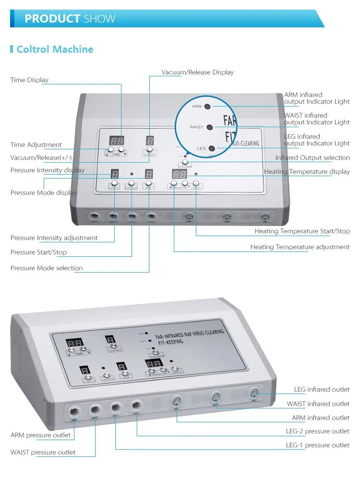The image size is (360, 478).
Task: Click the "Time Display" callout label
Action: coord(29,80)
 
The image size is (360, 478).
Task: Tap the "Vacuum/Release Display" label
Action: coord(197,72)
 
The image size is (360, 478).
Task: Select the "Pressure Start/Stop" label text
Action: coord(38,252)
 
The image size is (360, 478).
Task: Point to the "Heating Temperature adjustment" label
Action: coord(300,247)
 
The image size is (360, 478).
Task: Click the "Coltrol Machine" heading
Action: coord(55,49)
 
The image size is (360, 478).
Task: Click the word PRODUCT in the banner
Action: coord(52,19)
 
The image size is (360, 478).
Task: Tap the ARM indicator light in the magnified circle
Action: coord(207,106)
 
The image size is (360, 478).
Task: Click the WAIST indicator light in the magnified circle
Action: coord(210,127)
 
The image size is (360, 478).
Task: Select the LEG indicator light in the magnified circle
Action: coord(211,148)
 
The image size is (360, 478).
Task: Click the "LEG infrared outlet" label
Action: coord(322,389)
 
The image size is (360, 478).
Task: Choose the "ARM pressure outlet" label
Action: coord(40,435)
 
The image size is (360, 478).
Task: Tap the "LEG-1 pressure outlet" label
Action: coord(317,445)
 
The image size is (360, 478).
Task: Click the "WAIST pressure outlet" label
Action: coord(43,452)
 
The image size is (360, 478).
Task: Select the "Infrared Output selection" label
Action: coord(312,157)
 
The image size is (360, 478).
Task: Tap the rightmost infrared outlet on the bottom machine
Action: coord(254,394)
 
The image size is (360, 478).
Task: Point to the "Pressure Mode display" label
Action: coord(43,192)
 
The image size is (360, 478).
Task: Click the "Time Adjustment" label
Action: coord(36,144)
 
